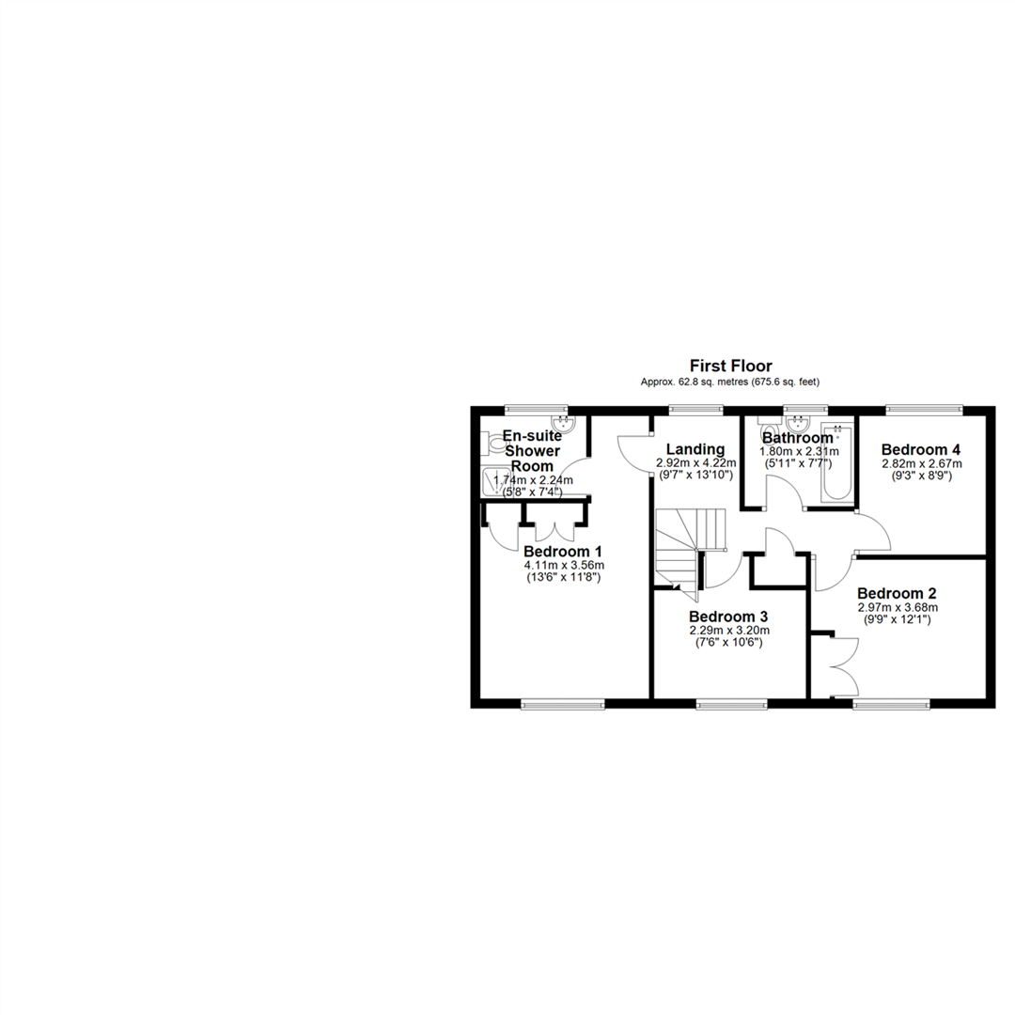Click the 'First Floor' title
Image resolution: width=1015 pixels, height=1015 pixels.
[x=731, y=366]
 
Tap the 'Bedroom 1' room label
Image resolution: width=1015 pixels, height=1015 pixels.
[x=563, y=552]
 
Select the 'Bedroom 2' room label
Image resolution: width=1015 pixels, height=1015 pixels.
[x=897, y=594]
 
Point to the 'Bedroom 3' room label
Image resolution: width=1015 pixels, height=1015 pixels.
[x=728, y=617]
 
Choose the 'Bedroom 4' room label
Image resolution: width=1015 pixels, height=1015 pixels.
[x=920, y=449]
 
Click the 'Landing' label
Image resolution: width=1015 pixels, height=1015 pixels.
[x=695, y=448]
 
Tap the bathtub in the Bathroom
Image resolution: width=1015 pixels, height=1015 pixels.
[x=837, y=461]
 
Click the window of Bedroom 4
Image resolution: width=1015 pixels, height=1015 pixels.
[x=924, y=409]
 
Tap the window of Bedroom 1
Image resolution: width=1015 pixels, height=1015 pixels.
[x=563, y=704]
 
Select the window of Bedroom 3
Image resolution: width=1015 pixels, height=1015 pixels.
[x=731, y=704]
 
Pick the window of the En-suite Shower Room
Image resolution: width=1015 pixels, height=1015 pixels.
[x=536, y=409]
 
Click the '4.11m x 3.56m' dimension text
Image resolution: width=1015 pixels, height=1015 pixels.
[x=564, y=565]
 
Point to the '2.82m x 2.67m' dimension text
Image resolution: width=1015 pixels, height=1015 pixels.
[x=922, y=463]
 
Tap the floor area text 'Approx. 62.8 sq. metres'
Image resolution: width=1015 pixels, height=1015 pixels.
[x=695, y=382]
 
